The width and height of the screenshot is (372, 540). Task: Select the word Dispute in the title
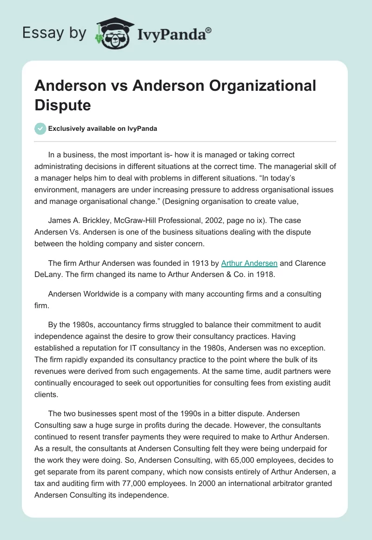62,105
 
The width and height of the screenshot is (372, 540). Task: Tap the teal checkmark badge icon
40,128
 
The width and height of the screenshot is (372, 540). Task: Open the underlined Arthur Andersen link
249,263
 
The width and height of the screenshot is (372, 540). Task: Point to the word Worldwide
99,295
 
